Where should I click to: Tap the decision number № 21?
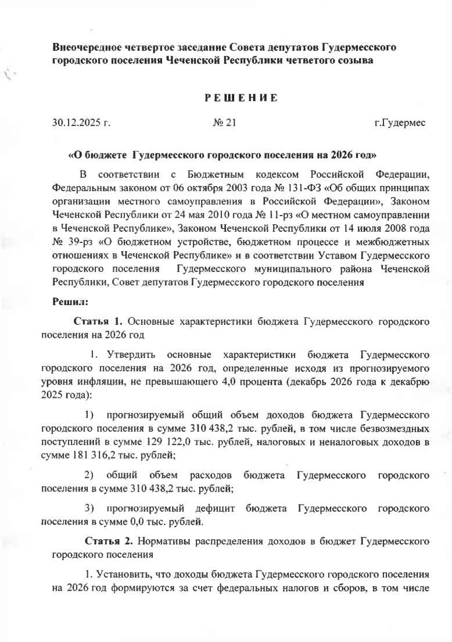point(225,123)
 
